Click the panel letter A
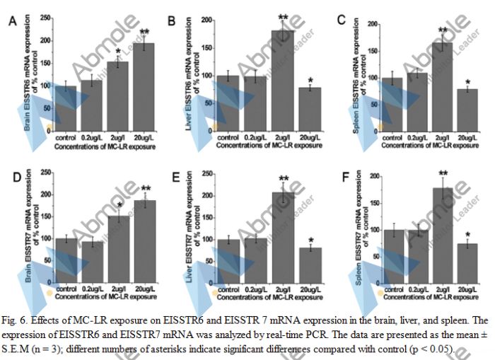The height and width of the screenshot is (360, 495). coord(12,22)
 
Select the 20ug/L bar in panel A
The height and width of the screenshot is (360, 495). coord(144,85)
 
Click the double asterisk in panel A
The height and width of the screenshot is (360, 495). coord(144,33)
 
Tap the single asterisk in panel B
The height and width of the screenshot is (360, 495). coord(308,79)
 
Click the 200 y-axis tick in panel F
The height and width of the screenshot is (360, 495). coord(373,175)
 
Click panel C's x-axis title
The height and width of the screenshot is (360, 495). coord(425,144)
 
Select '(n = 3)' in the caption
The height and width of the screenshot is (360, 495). coord(50,338)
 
